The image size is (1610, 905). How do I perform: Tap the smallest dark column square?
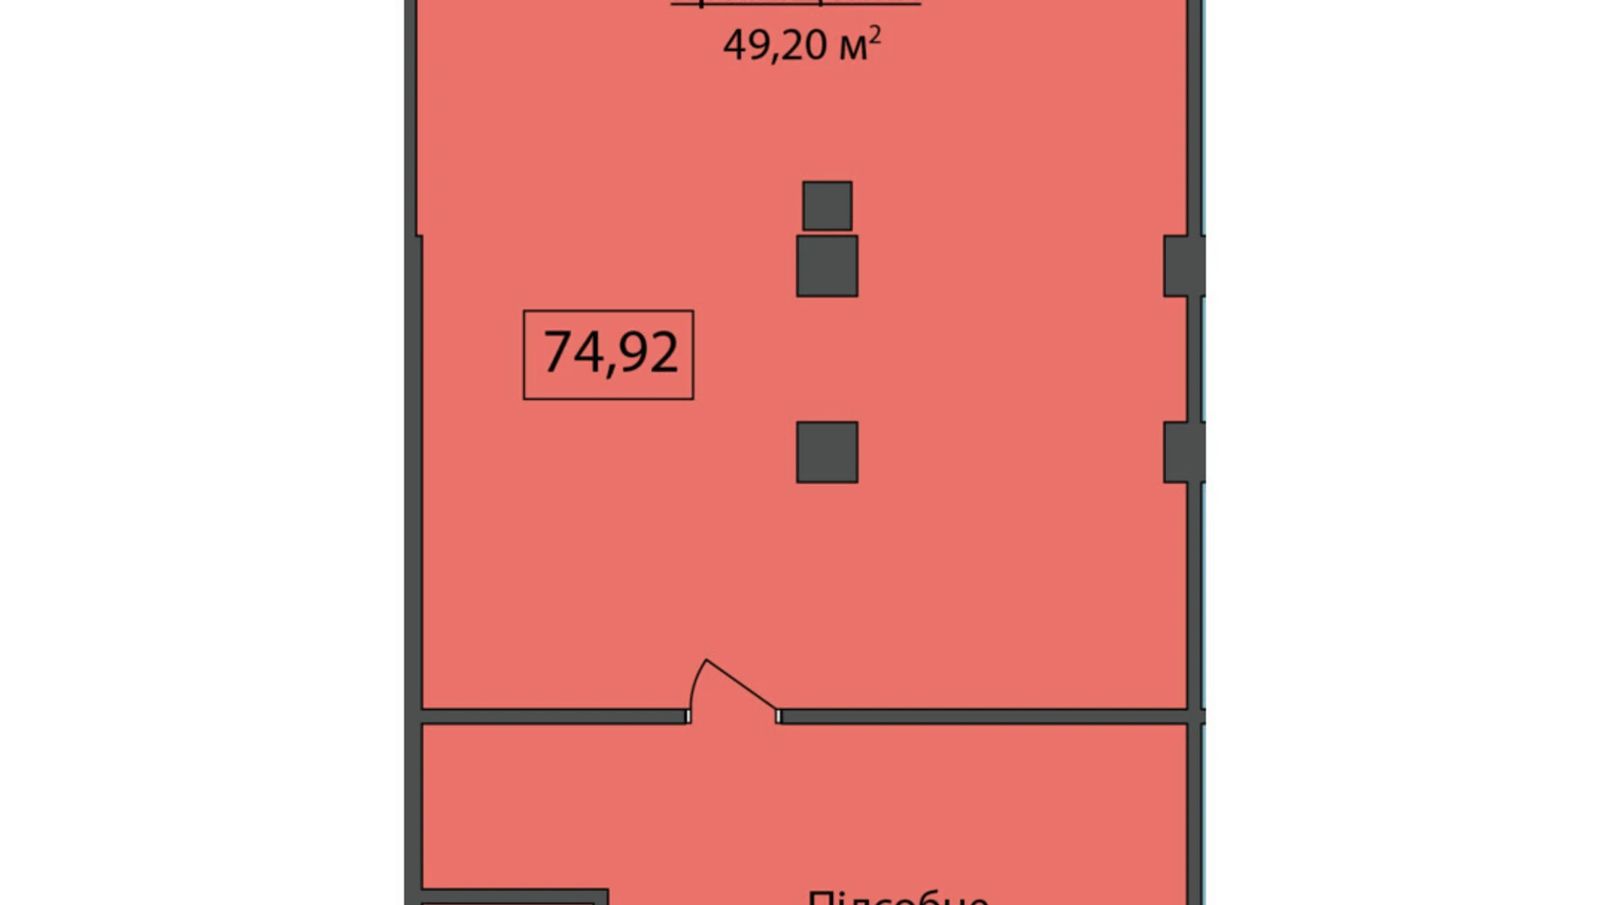[x=827, y=206]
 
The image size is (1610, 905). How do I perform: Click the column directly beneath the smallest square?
[x=827, y=265]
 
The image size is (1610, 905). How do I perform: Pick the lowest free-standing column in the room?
[x=827, y=452]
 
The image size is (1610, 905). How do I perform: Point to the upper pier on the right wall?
[x=1183, y=265]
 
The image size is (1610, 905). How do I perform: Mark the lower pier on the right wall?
[x=1183, y=452]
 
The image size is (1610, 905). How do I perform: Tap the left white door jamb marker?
[x=688, y=716]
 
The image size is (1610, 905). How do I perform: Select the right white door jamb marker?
[x=779, y=716]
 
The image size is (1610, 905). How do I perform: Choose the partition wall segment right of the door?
[x=983, y=716]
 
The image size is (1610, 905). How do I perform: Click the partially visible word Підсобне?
[x=897, y=896]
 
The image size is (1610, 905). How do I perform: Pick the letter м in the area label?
[x=853, y=48]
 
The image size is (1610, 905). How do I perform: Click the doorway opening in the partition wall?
[x=734, y=716]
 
